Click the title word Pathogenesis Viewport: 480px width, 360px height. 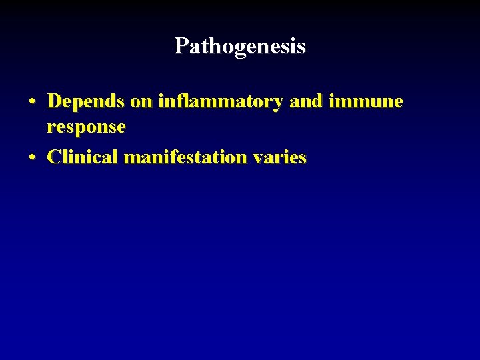click(240, 46)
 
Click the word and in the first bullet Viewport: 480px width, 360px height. click(305, 101)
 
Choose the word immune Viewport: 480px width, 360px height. click(365, 101)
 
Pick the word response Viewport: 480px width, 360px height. click(86, 127)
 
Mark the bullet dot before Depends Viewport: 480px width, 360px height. click(32, 102)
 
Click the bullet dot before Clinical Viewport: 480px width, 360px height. click(32, 158)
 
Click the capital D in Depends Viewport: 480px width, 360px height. click(55, 101)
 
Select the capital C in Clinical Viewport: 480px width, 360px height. click(55, 157)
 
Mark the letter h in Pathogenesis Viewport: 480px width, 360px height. click(208, 46)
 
